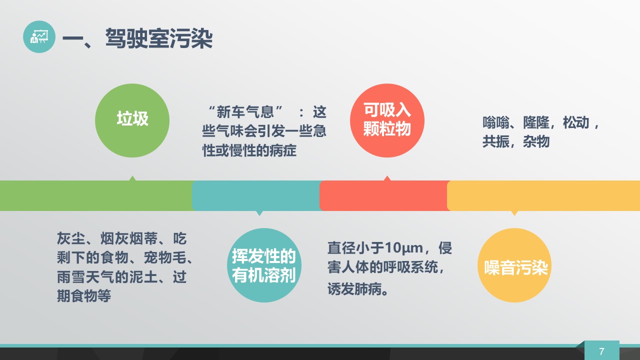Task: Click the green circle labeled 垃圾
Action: pos(132,120)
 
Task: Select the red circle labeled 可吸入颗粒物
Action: pos(387,120)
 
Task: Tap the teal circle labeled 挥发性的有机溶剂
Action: pos(264,265)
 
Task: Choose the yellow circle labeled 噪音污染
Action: pos(514,265)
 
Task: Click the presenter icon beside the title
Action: pos(39,36)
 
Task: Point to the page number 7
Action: pos(601,351)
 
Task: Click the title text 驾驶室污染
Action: pos(159,38)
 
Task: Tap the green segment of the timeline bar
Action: pos(96,195)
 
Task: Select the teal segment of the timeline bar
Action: pos(256,195)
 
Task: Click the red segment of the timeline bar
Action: pos(383,195)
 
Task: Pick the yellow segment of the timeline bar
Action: pos(543,195)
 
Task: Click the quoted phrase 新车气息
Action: pos(245,111)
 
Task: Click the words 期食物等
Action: pos(84,295)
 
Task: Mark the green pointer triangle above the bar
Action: pos(132,178)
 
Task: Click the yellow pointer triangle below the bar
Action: pos(514,213)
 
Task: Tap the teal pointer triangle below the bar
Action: pos(259,213)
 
